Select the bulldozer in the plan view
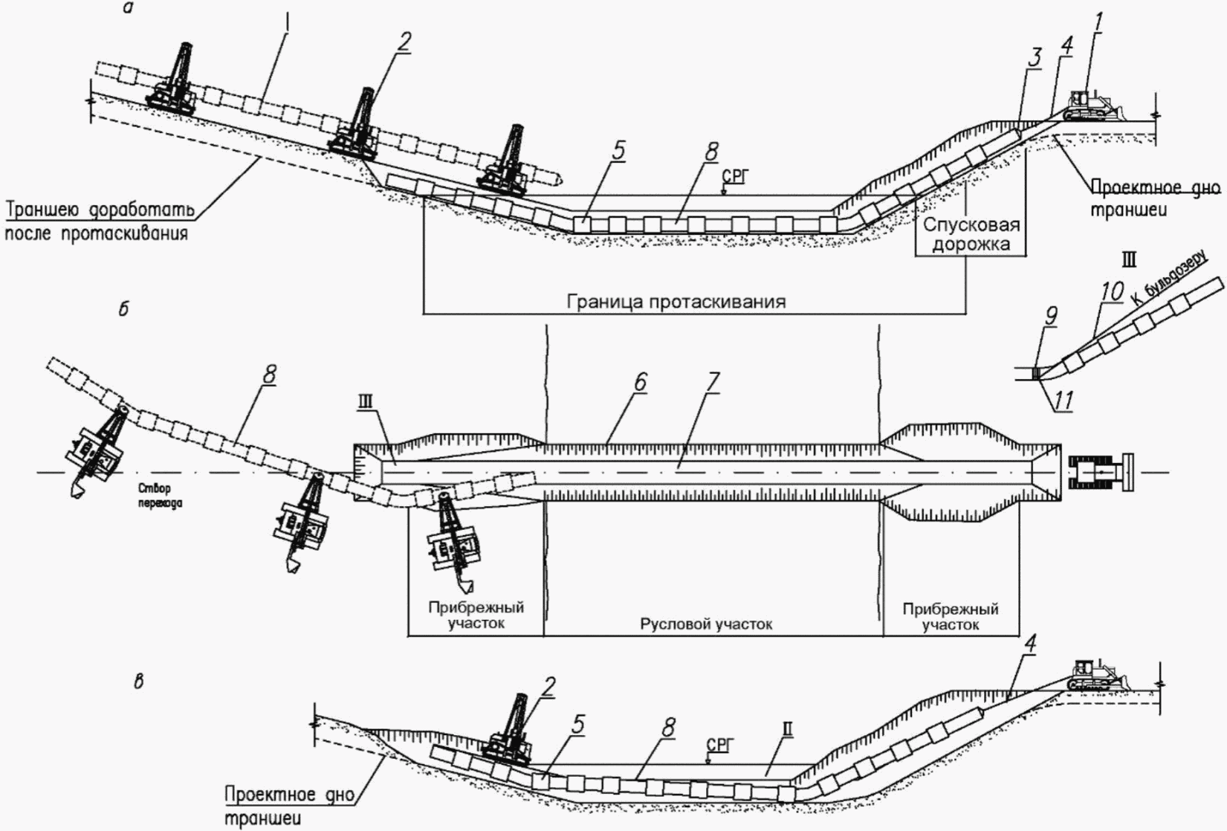[x=1099, y=472]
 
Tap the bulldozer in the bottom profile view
[x=1095, y=674]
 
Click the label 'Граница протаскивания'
[x=676, y=302]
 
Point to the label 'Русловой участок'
[x=705, y=624]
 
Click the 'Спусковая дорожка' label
[x=971, y=234]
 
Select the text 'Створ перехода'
[x=159, y=496]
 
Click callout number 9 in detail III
[x=1050, y=317]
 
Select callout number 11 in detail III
[x=1063, y=401]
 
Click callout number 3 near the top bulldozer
[x=1034, y=56]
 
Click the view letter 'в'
[x=139, y=682]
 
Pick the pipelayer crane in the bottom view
[x=509, y=732]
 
